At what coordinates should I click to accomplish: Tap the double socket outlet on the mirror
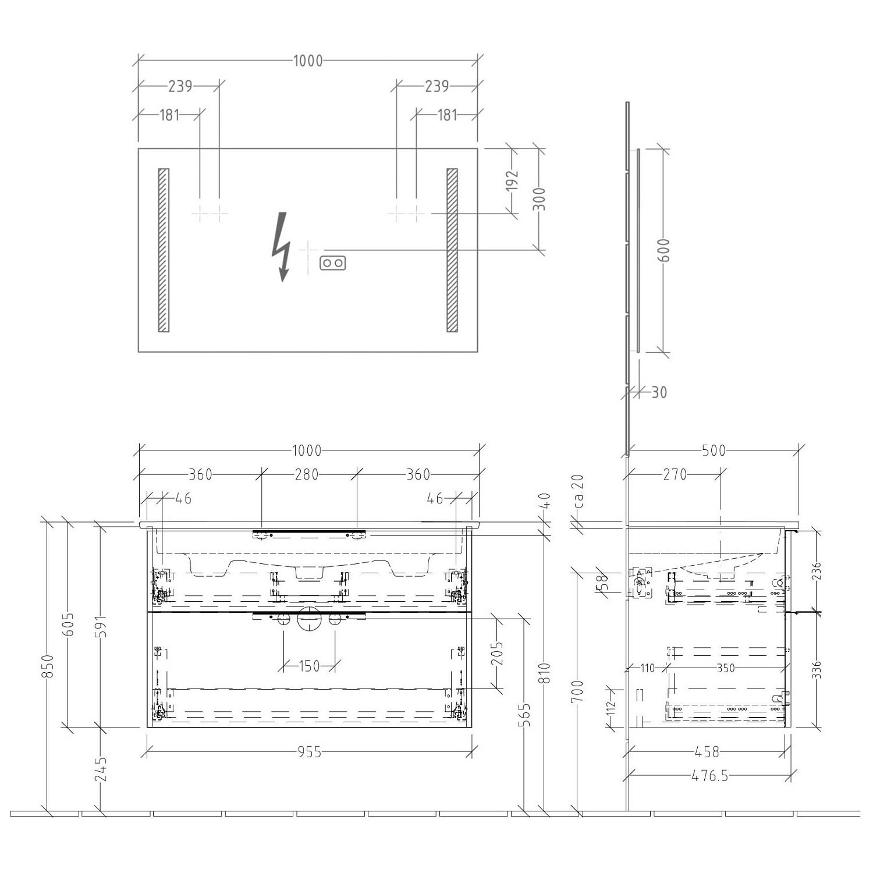tap(333, 263)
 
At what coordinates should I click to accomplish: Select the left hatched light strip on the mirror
tap(164, 250)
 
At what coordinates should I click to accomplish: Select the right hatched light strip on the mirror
tap(452, 250)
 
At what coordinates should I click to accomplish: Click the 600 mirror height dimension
tap(665, 250)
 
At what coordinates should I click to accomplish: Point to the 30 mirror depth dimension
tap(659, 392)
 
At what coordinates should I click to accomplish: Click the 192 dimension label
tap(511, 181)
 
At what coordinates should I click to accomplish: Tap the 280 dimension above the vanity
tap(307, 475)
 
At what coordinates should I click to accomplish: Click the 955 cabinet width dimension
tap(309, 753)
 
